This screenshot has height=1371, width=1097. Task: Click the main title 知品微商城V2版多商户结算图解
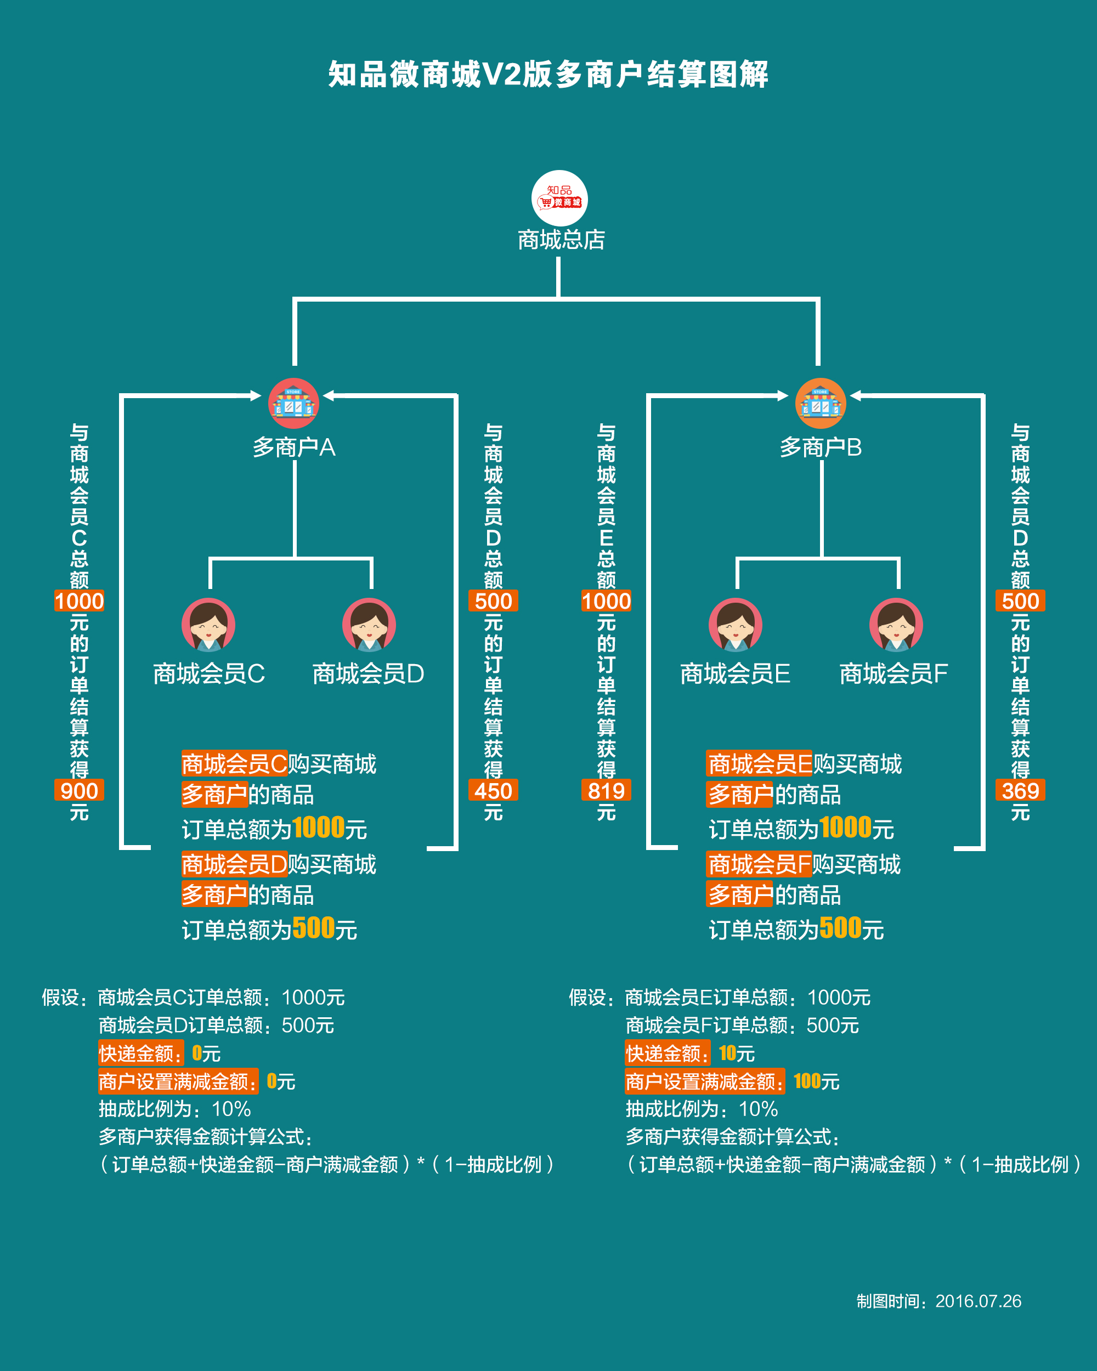548,75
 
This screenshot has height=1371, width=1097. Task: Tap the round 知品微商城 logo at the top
559,198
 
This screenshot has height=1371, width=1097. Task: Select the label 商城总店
561,240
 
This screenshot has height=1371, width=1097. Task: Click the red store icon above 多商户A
293,403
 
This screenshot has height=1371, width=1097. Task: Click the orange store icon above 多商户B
821,403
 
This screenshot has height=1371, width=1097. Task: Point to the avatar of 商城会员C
208,625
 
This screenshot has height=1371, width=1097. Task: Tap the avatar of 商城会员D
369,625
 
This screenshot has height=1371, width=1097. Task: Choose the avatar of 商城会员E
736,625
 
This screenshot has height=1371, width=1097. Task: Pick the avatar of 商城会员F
896,625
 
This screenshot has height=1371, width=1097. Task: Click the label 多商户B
821,447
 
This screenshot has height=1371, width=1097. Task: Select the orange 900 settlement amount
79,791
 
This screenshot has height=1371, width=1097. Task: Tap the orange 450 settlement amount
493,791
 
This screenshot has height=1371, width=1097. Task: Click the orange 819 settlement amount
606,791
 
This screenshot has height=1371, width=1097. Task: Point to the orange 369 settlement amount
1020,791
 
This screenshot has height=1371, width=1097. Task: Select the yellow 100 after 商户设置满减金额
807,1081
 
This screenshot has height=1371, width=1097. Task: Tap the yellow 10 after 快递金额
727,1053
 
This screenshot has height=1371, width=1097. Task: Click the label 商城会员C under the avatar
208,673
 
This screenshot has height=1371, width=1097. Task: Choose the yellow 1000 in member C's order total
319,828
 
